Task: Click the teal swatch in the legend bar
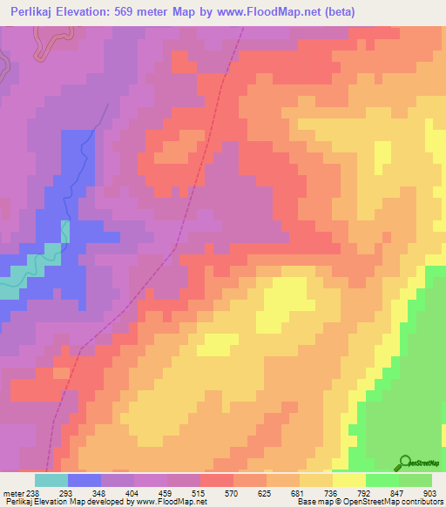[x=51, y=480]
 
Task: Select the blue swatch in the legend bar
[x=84, y=480]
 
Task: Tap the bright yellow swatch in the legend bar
[x=349, y=480]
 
